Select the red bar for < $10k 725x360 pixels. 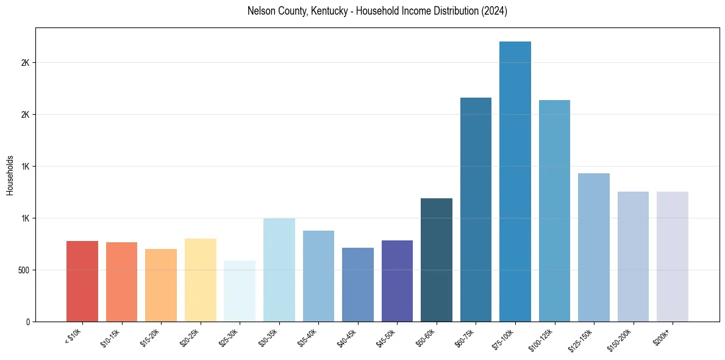82,281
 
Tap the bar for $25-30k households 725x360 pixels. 240,291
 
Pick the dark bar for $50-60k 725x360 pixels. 437,259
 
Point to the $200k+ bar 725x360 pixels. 673,256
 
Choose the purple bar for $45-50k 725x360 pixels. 397,281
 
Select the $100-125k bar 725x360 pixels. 554,211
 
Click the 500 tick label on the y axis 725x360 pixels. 25,270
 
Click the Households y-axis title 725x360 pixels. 10,175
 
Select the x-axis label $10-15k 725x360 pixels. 110,337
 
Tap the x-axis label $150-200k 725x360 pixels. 619,339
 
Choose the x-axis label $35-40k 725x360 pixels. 307,337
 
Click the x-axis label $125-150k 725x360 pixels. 580,339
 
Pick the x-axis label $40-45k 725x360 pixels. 346,337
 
